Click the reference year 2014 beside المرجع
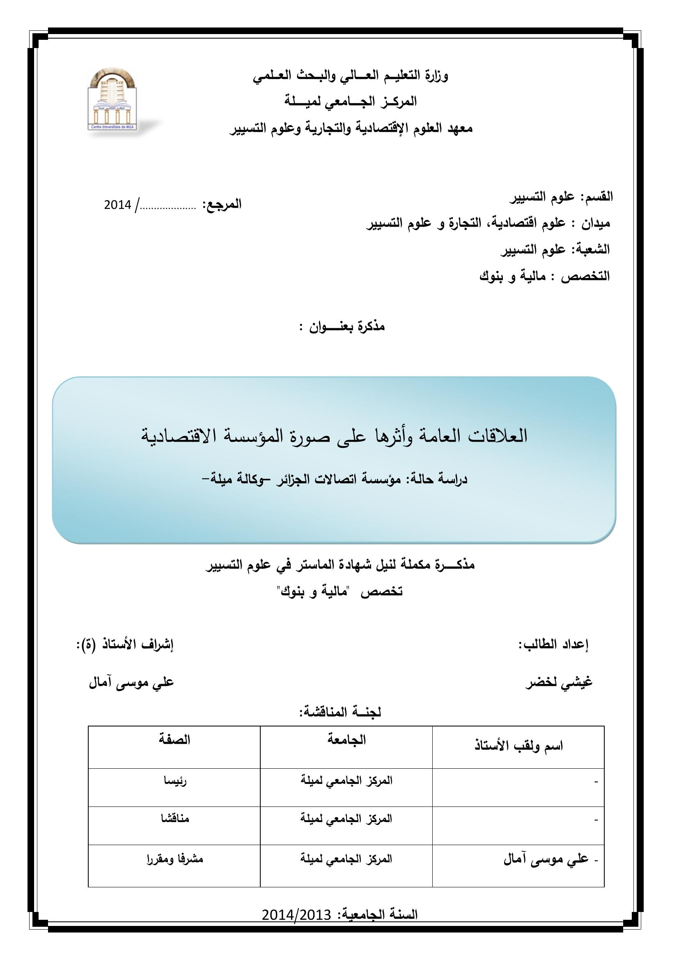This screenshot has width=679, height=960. [x=117, y=205]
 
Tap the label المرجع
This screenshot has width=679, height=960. [x=222, y=204]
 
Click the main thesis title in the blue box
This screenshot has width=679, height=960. [x=334, y=436]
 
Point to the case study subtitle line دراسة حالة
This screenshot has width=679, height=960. [x=334, y=479]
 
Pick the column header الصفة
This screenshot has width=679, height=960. [x=174, y=740]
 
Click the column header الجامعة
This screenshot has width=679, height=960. [x=346, y=740]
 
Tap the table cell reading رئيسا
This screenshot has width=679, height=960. [x=175, y=781]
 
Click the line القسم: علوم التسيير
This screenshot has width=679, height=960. [x=561, y=197]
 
